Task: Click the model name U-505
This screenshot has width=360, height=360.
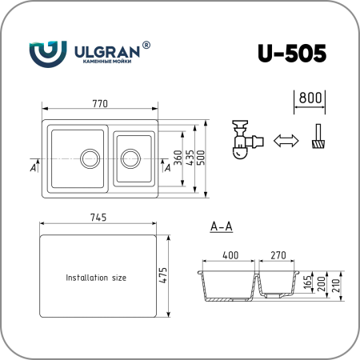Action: pos(292,53)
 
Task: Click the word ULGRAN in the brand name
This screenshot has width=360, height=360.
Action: pos(107,52)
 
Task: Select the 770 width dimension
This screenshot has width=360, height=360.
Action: pos(100,103)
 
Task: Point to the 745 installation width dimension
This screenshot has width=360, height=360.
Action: pos(98,218)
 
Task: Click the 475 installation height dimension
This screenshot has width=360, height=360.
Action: pos(162,275)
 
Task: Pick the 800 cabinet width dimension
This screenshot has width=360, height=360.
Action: pos(310,98)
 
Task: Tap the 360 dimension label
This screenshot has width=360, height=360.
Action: pos(178,158)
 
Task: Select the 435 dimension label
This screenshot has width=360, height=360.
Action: pos(190,158)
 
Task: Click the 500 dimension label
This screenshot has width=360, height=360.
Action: pos(201,158)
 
